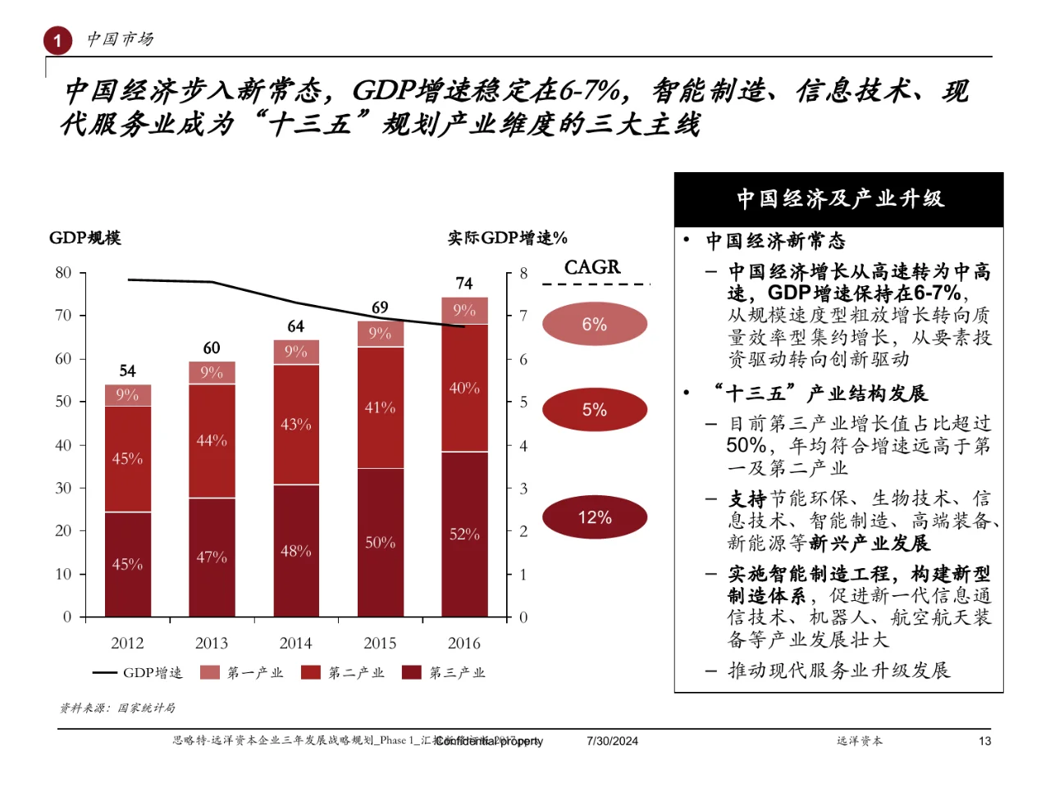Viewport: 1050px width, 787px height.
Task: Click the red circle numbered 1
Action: coord(57,40)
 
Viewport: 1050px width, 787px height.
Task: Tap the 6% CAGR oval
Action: coord(595,324)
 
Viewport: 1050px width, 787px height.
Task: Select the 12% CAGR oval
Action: coord(595,517)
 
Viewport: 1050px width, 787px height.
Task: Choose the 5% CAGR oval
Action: coord(595,410)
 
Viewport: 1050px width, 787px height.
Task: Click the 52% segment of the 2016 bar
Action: coord(464,534)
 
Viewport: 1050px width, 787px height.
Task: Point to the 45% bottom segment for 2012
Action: coord(127,564)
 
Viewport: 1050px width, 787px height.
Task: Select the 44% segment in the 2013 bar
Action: coord(212,440)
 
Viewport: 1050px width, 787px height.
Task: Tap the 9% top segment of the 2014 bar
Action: coord(296,352)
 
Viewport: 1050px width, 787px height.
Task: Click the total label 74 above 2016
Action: coord(464,284)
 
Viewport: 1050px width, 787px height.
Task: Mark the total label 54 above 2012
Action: coord(127,371)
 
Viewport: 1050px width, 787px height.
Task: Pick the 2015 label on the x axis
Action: coord(380,644)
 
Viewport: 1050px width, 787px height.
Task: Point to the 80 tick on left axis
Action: coord(63,273)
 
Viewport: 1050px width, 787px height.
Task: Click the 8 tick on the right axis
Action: coord(523,274)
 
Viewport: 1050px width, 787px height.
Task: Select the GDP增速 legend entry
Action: coord(138,673)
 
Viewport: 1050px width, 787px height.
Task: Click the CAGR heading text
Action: coord(592,267)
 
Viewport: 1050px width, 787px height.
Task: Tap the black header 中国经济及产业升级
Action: coord(838,199)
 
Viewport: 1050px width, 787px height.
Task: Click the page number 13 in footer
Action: coord(984,741)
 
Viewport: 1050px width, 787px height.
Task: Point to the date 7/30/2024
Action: coord(612,741)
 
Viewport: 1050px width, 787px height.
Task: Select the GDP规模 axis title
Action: coord(85,238)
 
